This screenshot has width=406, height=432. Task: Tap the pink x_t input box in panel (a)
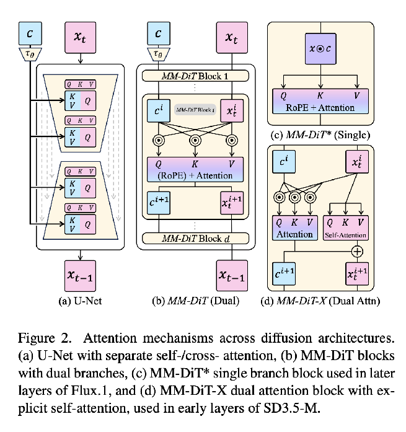tap(80, 37)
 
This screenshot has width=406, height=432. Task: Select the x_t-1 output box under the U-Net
tap(80, 273)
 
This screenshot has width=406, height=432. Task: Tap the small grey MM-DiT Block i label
tap(195, 110)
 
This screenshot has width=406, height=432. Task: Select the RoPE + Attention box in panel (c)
tap(320, 102)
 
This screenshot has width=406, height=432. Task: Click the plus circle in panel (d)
tap(357, 252)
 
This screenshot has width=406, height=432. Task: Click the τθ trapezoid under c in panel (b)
tap(159, 55)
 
